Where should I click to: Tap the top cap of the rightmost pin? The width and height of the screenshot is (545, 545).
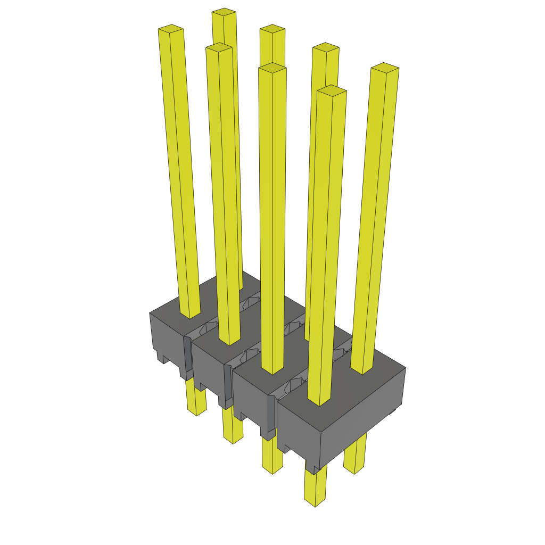(385, 68)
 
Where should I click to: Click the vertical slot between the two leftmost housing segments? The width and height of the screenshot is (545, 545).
(187, 357)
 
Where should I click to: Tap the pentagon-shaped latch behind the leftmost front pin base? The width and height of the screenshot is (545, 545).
(210, 326)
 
